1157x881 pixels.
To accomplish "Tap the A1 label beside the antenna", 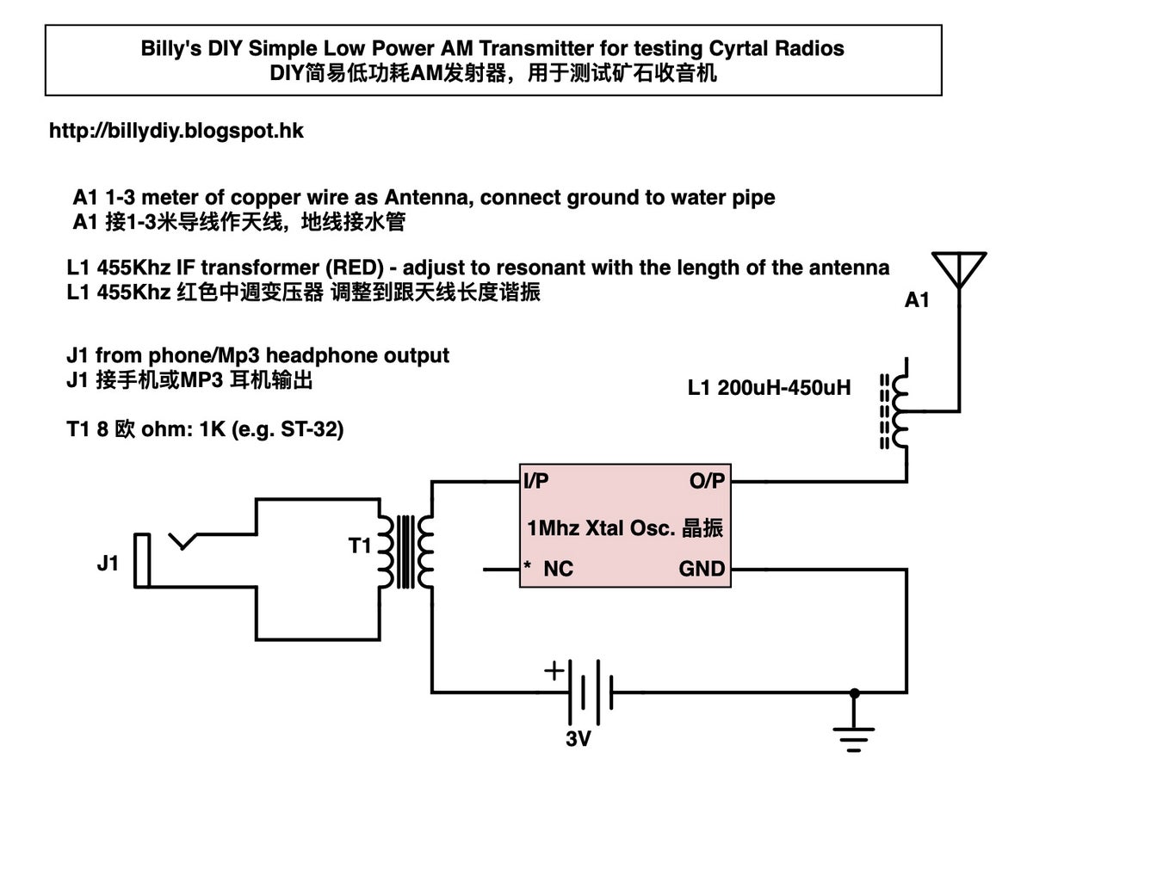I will (917, 300).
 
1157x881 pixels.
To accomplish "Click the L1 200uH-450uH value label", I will (769, 388).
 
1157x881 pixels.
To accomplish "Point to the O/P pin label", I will (707, 481).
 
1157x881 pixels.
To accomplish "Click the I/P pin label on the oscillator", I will (536, 481).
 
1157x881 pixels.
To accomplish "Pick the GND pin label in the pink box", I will (702, 569).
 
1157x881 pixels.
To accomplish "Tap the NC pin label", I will (557, 569).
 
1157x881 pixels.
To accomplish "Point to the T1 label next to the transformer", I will (360, 545).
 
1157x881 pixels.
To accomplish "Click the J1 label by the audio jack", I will (108, 564).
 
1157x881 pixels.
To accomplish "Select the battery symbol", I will (590, 691).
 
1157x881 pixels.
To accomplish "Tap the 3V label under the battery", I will (578, 738).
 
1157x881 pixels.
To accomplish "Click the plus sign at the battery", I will (554, 669).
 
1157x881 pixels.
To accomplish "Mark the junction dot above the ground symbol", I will (854, 692).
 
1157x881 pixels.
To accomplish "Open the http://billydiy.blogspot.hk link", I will (176, 131).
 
